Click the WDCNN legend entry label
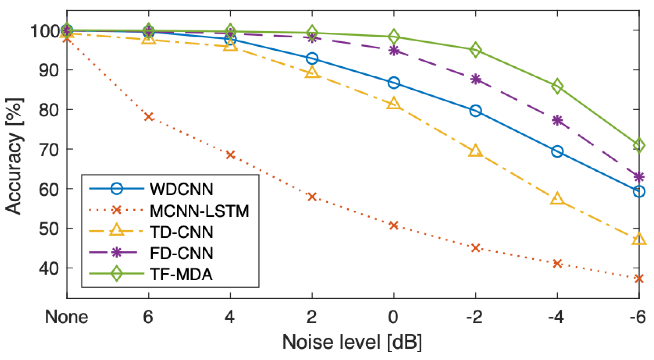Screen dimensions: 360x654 pyautogui.click(x=181, y=189)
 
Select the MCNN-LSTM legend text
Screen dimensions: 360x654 pyautogui.click(x=199, y=211)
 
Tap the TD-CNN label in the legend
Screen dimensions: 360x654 pyautogui.click(x=181, y=232)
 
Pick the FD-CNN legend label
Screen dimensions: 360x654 pyautogui.click(x=181, y=253)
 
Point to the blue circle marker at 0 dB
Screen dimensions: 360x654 pyautogui.click(x=394, y=83)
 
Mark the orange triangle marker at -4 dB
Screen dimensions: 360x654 pyautogui.click(x=557, y=199)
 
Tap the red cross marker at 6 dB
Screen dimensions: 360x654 pyautogui.click(x=149, y=117)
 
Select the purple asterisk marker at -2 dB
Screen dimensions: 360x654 pyautogui.click(x=475, y=79)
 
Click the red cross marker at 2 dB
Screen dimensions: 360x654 pyautogui.click(x=312, y=197)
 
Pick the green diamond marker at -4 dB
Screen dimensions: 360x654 pyautogui.click(x=557, y=86)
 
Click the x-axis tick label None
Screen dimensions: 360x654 pyautogui.click(x=66, y=317)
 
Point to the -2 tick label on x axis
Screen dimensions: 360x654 pyautogui.click(x=474, y=317)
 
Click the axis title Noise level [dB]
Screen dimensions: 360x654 pyautogui.click(x=352, y=342)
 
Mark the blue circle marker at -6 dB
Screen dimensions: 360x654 pyautogui.click(x=639, y=191)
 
